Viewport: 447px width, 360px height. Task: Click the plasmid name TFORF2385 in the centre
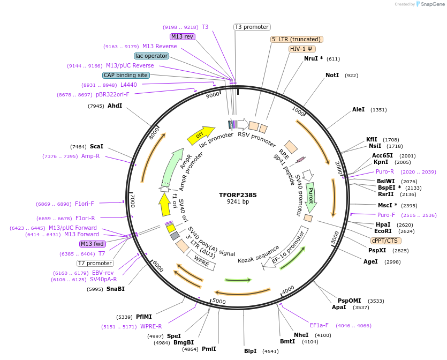click(x=238, y=195)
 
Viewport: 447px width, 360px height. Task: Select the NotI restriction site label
click(x=332, y=76)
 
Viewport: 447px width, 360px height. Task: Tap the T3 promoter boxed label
click(x=252, y=27)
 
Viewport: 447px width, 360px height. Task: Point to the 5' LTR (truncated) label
click(x=297, y=39)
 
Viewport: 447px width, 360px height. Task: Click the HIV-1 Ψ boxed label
click(x=302, y=49)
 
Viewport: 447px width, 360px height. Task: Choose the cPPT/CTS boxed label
click(x=385, y=241)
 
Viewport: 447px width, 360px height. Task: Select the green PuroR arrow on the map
click(x=311, y=196)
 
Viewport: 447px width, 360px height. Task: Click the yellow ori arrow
click(x=200, y=136)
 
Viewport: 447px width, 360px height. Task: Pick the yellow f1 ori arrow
click(x=164, y=205)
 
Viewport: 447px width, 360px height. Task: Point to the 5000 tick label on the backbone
click(x=219, y=301)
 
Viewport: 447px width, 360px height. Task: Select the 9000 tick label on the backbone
click(x=213, y=95)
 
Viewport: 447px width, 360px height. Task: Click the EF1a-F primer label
click(x=319, y=325)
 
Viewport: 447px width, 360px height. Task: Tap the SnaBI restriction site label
click(x=116, y=289)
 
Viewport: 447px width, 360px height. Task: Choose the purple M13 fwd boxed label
click(x=92, y=244)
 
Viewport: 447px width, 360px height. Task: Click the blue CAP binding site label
click(x=125, y=76)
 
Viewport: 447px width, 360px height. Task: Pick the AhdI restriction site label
click(x=115, y=106)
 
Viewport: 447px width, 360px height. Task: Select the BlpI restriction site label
click(x=250, y=351)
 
